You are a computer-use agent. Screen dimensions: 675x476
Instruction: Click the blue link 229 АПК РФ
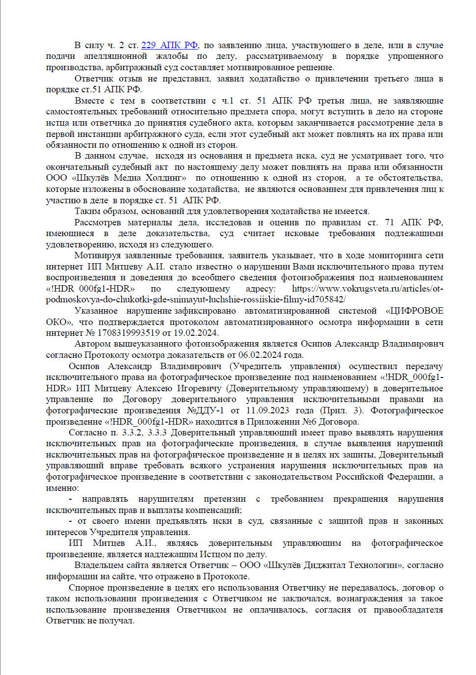pos(170,45)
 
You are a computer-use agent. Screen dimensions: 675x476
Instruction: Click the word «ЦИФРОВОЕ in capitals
pos(414,311)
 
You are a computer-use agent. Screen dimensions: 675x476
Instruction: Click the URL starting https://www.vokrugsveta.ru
pos(367,289)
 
